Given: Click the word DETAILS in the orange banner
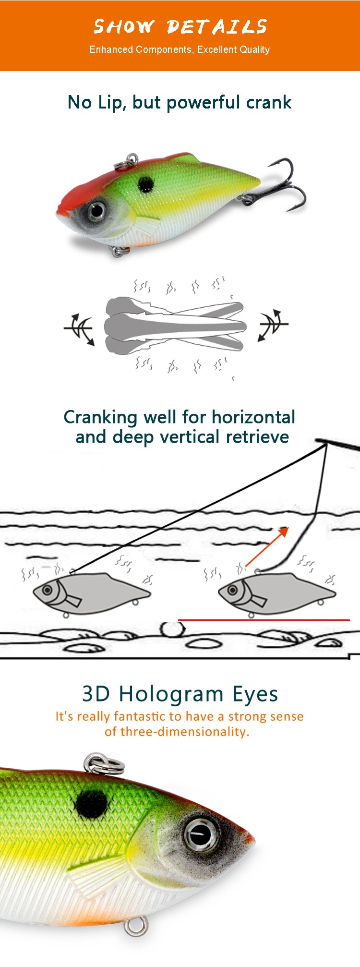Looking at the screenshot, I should [x=216, y=26].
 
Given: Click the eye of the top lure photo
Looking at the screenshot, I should [x=97, y=210].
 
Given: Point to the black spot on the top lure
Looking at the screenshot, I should [x=146, y=183].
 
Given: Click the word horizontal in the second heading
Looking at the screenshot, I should [x=253, y=417].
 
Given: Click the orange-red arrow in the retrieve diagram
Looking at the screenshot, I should [x=267, y=546].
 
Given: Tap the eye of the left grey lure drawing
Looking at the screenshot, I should [x=48, y=590].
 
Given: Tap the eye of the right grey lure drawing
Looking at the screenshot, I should [x=232, y=590].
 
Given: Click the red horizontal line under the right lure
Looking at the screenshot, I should [x=264, y=620].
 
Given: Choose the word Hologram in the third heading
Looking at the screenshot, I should [x=171, y=694].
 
